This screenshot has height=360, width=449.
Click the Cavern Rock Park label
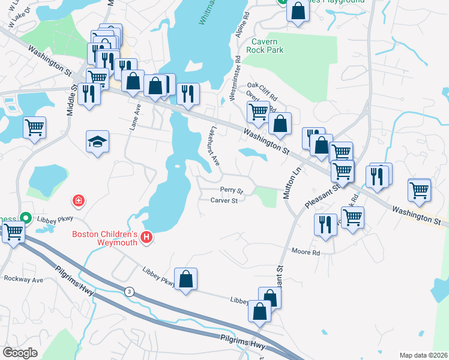tap(268, 46)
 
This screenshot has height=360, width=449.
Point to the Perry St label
tap(231, 190)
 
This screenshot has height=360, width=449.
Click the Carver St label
tap(224, 200)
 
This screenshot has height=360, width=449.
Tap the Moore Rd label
tap(306, 253)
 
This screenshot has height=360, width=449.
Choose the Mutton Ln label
tap(295, 182)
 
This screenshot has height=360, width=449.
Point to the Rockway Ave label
tap(23, 280)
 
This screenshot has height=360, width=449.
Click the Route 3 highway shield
tap(128, 292)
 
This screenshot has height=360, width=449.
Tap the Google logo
tap(20, 352)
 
